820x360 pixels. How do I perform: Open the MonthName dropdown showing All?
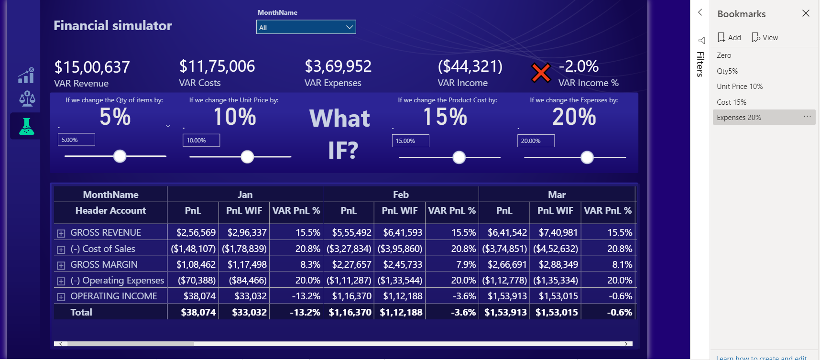tap(306, 27)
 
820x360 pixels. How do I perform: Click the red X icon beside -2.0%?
tap(541, 73)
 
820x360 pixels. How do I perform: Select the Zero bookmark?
tap(724, 55)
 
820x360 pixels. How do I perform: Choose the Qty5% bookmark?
tap(727, 71)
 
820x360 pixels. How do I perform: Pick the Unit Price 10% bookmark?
tap(740, 87)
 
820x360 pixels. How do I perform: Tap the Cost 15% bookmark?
tap(732, 102)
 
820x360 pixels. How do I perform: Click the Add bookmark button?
tap(729, 38)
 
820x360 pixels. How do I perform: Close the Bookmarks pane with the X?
tap(806, 13)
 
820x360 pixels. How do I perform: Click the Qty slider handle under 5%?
tap(120, 156)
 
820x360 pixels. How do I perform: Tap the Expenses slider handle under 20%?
tap(587, 157)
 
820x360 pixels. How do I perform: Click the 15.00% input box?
tap(410, 141)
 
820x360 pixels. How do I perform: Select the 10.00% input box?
tap(201, 141)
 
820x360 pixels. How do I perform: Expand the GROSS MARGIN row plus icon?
tap(61, 265)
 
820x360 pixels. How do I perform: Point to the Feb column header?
tap(401, 195)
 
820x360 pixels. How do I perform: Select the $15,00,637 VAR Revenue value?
tap(92, 67)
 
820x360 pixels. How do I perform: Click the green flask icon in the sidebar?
tap(26, 126)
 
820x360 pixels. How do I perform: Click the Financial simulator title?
tap(112, 26)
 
